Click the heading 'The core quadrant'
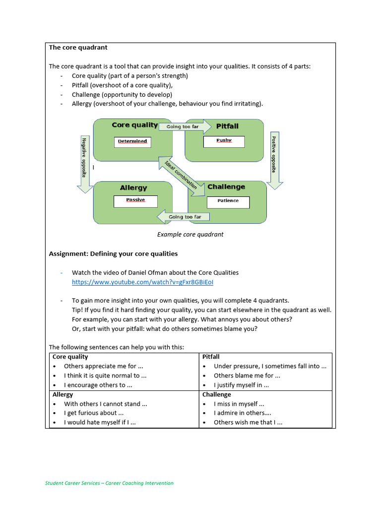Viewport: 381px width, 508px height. pos(78,48)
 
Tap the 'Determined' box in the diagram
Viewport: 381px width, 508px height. pos(132,141)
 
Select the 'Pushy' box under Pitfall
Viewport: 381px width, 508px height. pos(224,141)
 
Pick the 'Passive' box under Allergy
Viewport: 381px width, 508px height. pos(135,201)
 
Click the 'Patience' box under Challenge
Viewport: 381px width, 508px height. pos(228,201)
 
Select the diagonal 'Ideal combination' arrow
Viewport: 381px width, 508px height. pos(181,174)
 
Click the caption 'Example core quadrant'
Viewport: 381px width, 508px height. pos(190,234)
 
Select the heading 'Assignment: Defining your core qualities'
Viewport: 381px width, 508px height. pos(113,254)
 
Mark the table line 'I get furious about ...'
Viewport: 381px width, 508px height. pos(94,413)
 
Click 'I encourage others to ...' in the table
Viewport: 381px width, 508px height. pos(95,385)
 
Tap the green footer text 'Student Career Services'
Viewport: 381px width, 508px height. pos(109,483)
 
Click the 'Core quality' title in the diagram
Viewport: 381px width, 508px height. pos(134,125)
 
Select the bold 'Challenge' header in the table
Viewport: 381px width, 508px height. pos(217,394)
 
